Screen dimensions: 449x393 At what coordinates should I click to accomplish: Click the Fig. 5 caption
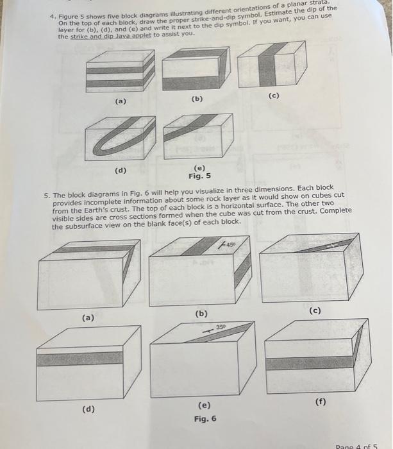[x=199, y=176]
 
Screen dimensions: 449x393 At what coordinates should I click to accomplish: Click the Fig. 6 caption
[x=205, y=419]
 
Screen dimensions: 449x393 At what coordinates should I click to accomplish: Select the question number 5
[x=46, y=196]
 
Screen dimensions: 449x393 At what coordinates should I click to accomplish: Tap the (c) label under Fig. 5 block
[x=274, y=96]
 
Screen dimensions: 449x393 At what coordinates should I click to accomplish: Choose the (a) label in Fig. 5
[x=120, y=101]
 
